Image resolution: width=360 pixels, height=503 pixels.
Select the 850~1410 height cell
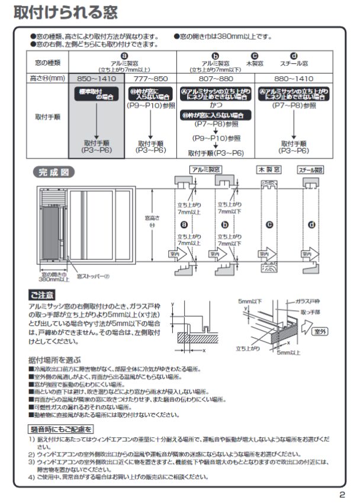click(97, 78)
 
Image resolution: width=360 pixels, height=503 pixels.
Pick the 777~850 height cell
click(151, 78)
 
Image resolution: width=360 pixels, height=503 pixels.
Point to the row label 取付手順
click(49, 117)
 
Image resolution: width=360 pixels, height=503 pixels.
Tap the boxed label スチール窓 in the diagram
click(311, 169)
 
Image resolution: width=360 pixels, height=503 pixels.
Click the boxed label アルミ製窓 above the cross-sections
click(205, 169)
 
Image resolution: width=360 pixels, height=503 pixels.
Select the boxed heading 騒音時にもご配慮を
click(62, 428)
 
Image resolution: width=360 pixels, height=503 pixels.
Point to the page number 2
click(342, 495)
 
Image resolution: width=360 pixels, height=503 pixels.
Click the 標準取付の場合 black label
click(97, 92)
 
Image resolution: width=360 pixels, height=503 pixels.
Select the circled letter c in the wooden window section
click(269, 225)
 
